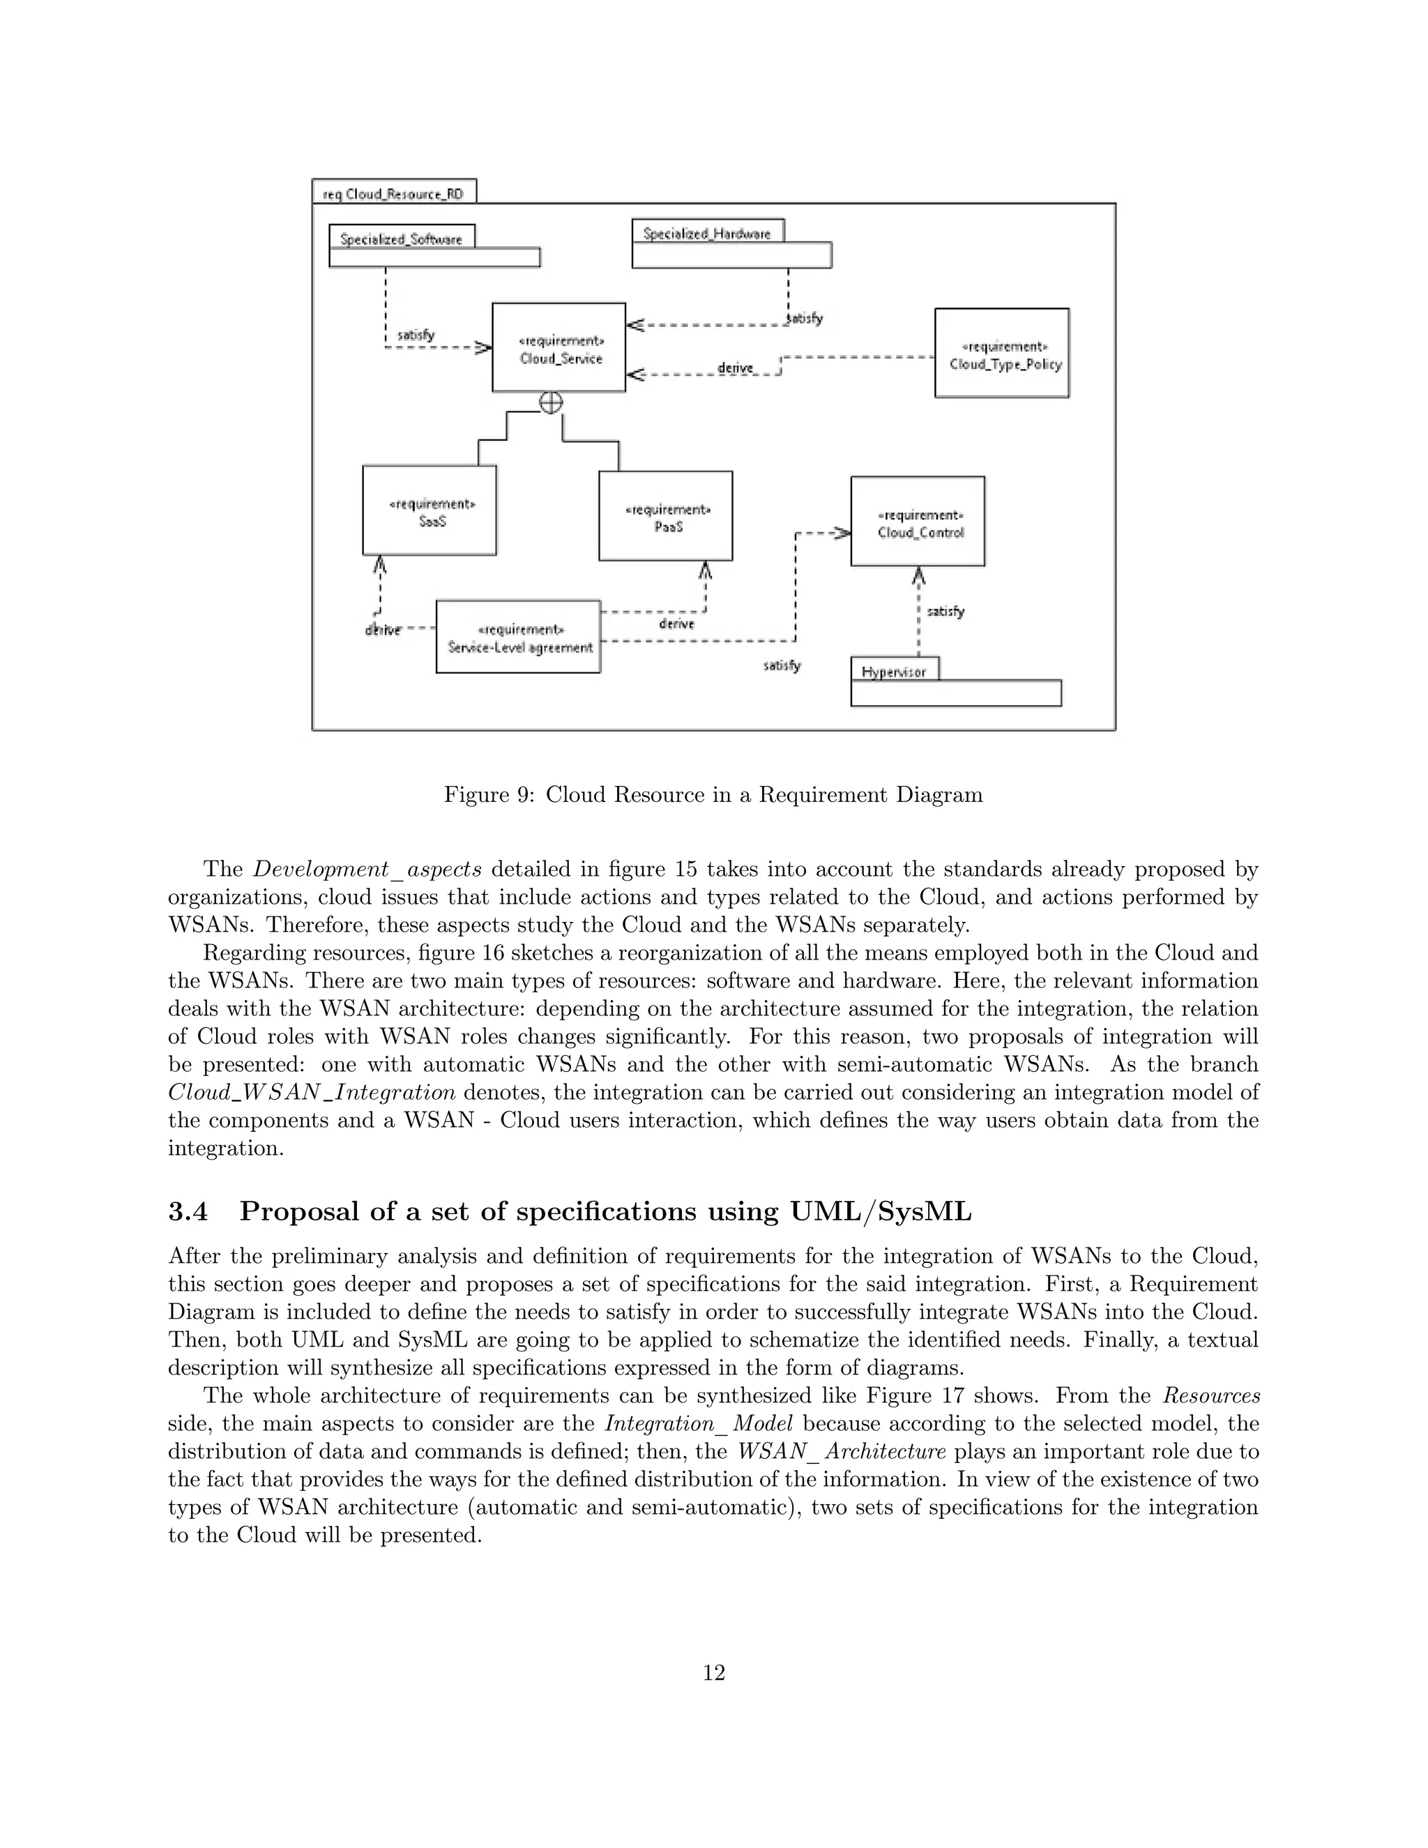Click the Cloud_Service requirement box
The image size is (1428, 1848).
click(x=559, y=348)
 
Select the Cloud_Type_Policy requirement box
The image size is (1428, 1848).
click(x=1002, y=354)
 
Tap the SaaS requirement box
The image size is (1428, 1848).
click(x=430, y=510)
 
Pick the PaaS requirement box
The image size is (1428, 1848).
click(x=666, y=516)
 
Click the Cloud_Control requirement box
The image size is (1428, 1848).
click(x=918, y=522)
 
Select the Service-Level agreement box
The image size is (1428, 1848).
click(x=519, y=637)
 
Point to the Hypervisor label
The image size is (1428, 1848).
click(x=893, y=672)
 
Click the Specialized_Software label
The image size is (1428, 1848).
click(x=401, y=238)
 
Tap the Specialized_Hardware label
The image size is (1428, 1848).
click(x=707, y=234)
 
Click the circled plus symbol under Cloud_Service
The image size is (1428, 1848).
click(x=551, y=403)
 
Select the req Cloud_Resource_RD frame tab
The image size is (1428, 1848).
click(x=393, y=194)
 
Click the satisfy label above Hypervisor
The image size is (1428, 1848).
click(x=945, y=611)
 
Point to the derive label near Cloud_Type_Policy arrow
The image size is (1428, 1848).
click(x=734, y=368)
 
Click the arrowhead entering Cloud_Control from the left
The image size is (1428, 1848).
click(x=842, y=533)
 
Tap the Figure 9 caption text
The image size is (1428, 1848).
click(x=713, y=794)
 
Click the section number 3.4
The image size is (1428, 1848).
click(x=188, y=1212)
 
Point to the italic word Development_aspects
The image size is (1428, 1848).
click(x=368, y=869)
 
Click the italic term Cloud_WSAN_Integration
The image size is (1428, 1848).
click(x=312, y=1092)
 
